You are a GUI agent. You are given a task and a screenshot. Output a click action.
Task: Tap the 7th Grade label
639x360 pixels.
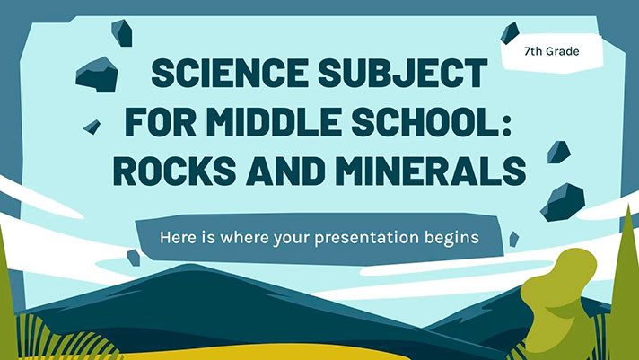point(551,52)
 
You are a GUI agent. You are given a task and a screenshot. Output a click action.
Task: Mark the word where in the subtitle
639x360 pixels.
point(243,240)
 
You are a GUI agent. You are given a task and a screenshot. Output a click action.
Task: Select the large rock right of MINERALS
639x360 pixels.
point(564,201)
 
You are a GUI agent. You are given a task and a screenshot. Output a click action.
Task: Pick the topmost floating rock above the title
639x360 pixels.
point(122,32)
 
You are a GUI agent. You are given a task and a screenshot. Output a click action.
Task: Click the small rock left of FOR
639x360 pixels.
point(92,127)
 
